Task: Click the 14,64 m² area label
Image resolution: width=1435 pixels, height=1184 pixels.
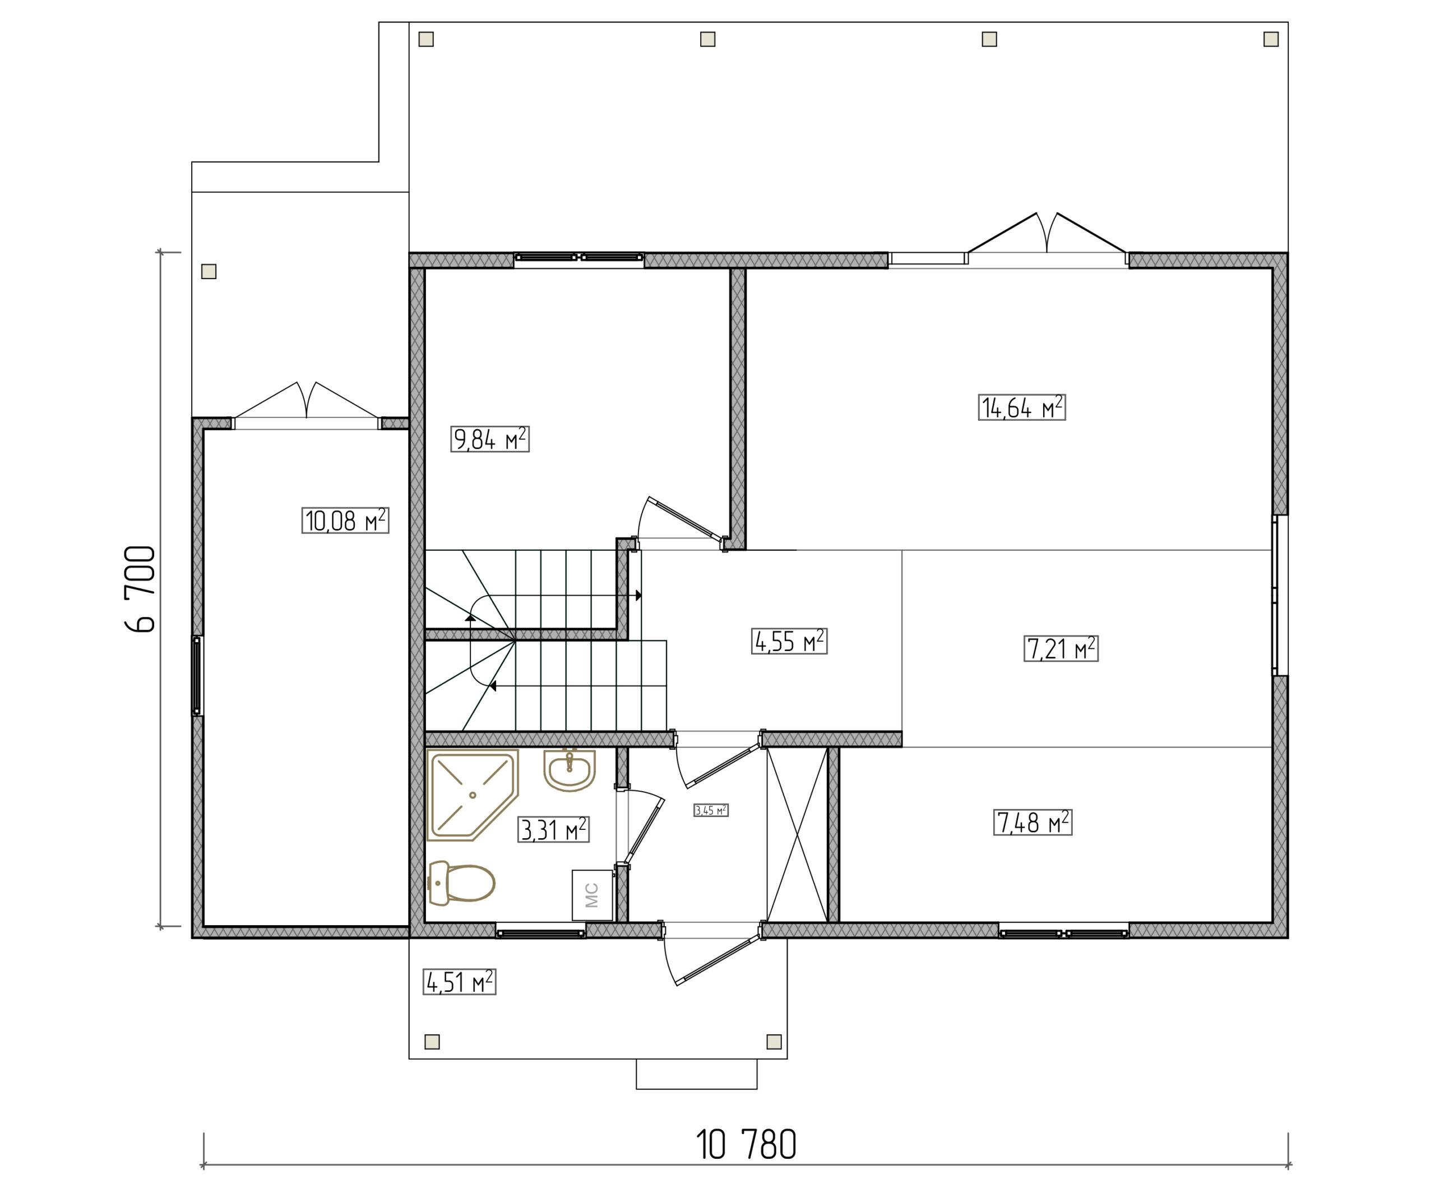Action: point(1021,407)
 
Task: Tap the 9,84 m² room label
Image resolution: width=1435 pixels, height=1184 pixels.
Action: point(490,439)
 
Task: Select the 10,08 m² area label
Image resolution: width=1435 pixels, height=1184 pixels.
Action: point(345,521)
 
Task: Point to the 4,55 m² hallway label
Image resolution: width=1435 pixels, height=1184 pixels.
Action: point(789,641)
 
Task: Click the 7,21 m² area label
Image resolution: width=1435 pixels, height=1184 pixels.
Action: point(1061,649)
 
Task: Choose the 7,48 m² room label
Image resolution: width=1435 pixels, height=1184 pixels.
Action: point(1033,823)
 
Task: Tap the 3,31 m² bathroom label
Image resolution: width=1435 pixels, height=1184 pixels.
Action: point(553,829)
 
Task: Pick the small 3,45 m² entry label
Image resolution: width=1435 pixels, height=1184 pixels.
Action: point(711,810)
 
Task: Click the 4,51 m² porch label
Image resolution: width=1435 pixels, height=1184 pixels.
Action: point(459,982)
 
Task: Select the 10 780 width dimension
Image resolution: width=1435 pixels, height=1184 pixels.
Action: point(746,1144)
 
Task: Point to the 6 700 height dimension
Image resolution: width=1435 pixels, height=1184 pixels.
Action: point(141,589)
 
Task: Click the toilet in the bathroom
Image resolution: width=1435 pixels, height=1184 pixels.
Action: point(461,883)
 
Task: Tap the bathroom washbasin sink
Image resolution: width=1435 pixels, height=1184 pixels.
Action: point(570,770)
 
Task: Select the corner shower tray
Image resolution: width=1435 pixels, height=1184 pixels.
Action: point(472,795)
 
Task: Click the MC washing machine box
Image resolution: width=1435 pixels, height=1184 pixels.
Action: point(591,895)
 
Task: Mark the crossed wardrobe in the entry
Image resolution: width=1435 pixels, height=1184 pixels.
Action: point(797,835)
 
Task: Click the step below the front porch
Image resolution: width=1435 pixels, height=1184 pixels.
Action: point(697,1074)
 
